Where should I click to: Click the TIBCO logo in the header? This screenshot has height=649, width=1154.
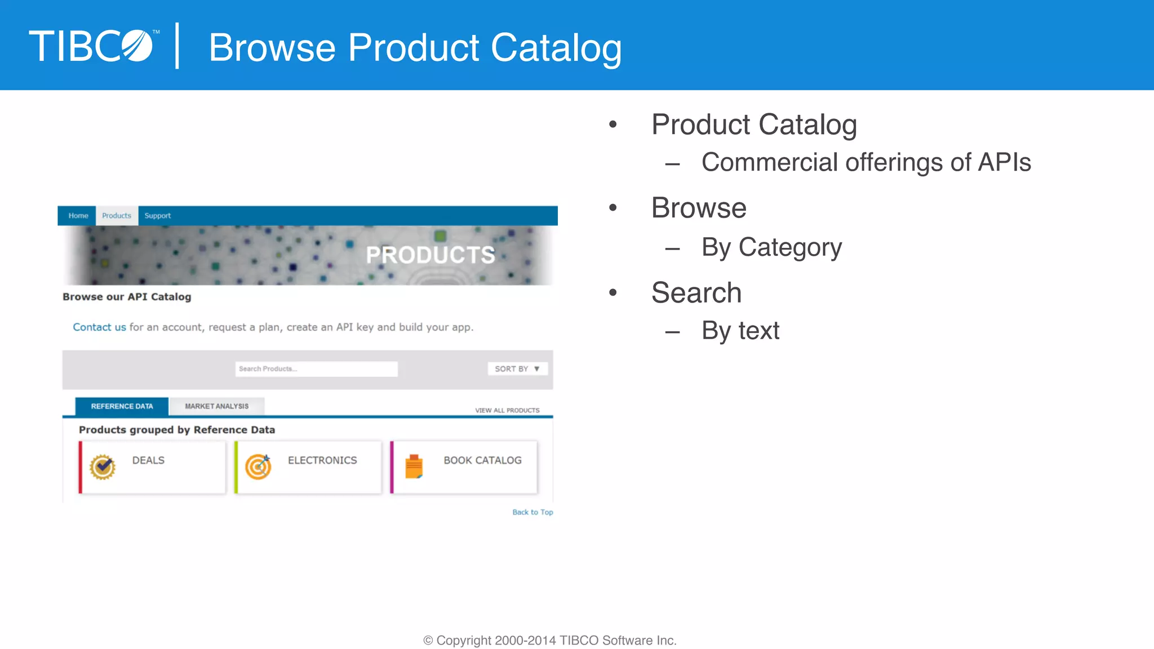click(x=93, y=46)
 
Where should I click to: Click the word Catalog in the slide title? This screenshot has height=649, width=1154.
click(x=556, y=48)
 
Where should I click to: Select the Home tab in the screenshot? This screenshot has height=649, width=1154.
click(x=78, y=216)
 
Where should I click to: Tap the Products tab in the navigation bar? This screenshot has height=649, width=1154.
click(x=117, y=216)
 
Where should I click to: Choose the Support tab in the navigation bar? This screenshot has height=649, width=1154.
click(x=157, y=216)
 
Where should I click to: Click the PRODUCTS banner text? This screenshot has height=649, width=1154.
click(x=430, y=255)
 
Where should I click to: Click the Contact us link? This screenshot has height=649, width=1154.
click(x=99, y=327)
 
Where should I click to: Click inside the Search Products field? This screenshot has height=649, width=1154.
click(x=316, y=369)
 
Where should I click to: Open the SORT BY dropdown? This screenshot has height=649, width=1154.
click(x=517, y=369)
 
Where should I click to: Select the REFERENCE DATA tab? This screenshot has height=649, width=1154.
click(x=122, y=406)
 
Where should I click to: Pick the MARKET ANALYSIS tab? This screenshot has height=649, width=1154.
click(x=216, y=406)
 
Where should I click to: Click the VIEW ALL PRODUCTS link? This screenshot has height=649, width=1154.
click(x=507, y=410)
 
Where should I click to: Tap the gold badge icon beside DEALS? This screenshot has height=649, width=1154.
click(x=103, y=467)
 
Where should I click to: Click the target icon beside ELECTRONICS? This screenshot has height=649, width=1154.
click(x=258, y=466)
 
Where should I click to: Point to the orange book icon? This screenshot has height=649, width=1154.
click(x=414, y=466)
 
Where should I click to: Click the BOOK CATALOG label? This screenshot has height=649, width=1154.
click(x=482, y=460)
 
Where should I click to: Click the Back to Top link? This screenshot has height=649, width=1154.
click(x=532, y=512)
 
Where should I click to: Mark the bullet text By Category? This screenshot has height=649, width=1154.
click(x=771, y=247)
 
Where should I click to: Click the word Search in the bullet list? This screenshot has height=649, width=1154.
click(x=696, y=293)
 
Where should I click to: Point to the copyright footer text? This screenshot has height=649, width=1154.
click(x=550, y=641)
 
